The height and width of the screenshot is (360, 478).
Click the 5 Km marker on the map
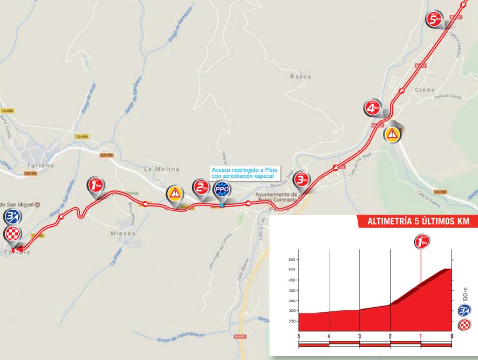(433, 19)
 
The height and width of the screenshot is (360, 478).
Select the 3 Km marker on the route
(300, 180)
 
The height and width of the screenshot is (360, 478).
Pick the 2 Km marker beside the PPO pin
(200, 187)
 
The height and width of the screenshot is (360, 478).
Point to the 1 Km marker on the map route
(94, 185)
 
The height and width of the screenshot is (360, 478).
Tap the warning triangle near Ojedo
(392, 134)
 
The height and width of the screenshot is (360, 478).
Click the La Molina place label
(161, 169)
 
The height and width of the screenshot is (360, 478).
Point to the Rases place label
(300, 76)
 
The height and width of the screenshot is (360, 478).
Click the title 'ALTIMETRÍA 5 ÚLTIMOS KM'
(418, 221)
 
